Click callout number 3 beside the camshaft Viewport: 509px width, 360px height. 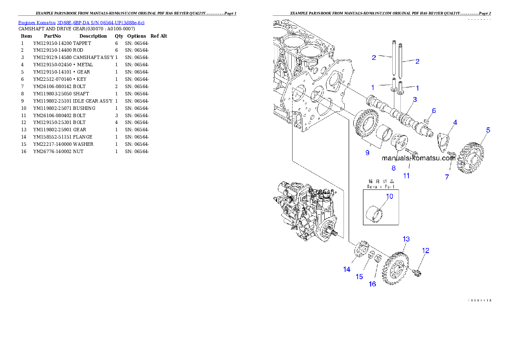[414, 100]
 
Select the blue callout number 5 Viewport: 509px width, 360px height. [488, 130]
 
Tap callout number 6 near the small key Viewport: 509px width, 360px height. [434, 111]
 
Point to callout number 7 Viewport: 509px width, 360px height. [447, 177]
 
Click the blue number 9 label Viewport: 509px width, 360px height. [367, 152]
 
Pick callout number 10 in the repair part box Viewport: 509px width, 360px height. [389, 196]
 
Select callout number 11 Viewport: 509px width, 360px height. [406, 175]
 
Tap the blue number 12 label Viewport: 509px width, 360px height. [426, 251]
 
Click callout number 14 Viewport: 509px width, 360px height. [346, 269]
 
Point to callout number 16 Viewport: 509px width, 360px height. [373, 284]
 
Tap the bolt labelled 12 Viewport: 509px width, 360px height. [417, 271]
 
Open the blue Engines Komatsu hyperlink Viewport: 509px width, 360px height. [81, 22]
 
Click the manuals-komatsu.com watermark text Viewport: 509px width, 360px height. [418, 158]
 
